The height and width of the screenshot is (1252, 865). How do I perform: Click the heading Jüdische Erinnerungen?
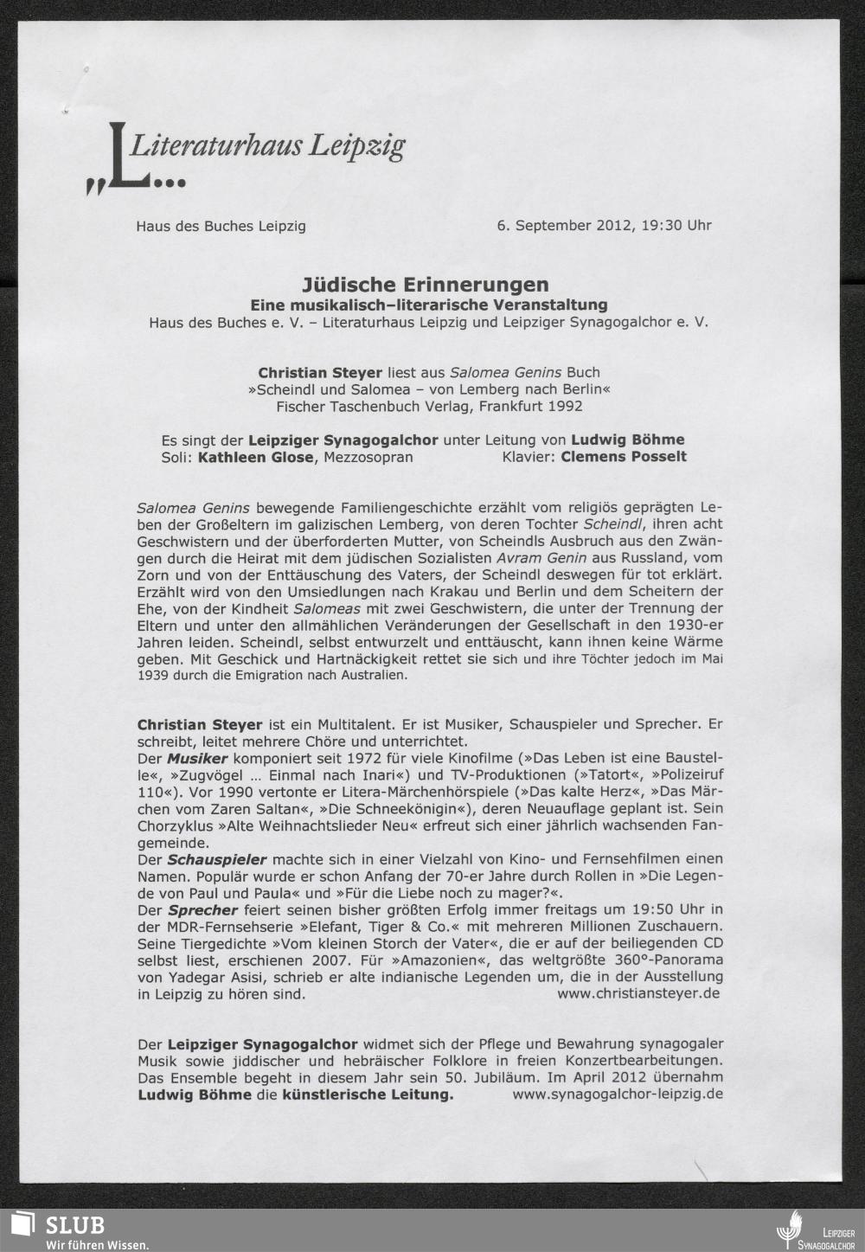tap(426, 285)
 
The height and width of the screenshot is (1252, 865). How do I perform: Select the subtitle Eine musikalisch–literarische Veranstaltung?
tap(428, 305)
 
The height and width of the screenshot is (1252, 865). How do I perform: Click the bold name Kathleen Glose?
tap(255, 457)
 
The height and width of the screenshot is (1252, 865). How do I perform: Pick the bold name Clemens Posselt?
tap(624, 457)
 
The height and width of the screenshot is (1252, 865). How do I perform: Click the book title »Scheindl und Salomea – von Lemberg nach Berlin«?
tap(429, 389)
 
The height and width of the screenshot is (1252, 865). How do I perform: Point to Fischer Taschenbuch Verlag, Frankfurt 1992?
tap(429, 406)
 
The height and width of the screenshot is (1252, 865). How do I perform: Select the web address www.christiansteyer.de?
tap(638, 993)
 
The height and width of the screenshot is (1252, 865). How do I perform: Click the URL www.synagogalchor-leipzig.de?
tap(618, 1094)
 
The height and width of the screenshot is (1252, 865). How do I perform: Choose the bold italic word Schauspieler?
tap(216, 859)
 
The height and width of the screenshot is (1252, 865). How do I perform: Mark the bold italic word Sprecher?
tap(202, 910)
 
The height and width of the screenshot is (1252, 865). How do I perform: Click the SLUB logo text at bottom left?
tap(74, 1224)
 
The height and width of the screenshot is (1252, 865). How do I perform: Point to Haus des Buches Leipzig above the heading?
tap(221, 227)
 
